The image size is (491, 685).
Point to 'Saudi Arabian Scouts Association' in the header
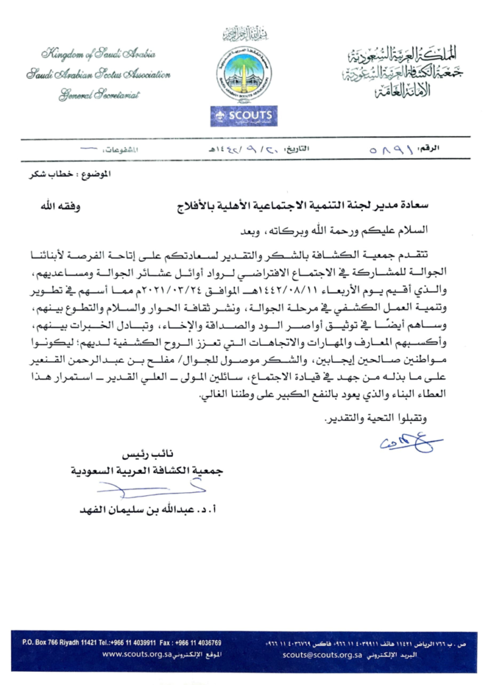[x=98, y=74]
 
